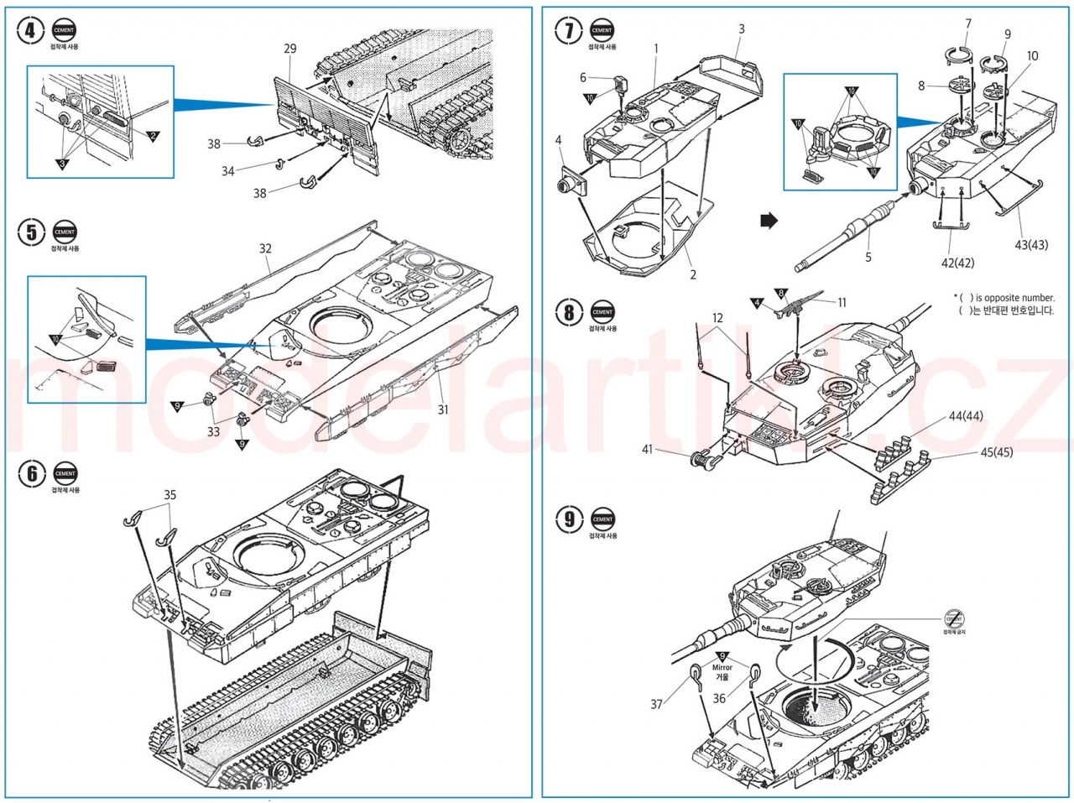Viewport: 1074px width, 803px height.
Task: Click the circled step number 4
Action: [31, 31]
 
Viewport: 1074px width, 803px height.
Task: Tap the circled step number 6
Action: [31, 474]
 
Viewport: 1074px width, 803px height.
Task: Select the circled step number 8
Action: [569, 312]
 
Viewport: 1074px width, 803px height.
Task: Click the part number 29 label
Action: [289, 49]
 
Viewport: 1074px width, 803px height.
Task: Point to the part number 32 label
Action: [265, 248]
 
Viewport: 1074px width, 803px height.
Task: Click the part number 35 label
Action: [169, 495]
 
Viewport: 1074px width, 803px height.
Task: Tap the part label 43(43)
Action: [1031, 245]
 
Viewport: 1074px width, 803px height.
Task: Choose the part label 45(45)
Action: [996, 452]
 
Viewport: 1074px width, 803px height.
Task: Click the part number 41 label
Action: [647, 449]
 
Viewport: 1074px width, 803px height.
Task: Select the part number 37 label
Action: [656, 704]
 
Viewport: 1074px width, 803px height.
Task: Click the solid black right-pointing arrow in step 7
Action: [769, 222]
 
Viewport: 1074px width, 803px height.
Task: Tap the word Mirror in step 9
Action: [722, 668]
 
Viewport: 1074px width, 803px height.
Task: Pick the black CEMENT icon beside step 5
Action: [65, 232]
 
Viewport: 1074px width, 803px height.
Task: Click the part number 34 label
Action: [227, 171]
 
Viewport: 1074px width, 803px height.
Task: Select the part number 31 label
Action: [442, 409]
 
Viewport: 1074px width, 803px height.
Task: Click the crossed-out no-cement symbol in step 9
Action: [954, 618]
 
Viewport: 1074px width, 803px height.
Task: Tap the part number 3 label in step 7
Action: [741, 29]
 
